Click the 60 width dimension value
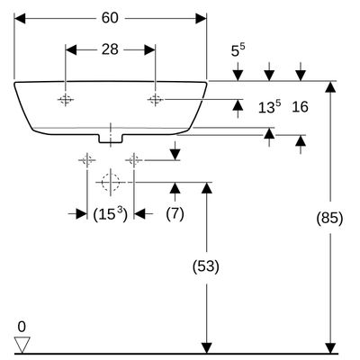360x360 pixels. coord(110,18)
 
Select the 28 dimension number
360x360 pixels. coord(110,49)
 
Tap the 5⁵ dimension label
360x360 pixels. coord(238,50)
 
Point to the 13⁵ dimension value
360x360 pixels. coord(269,107)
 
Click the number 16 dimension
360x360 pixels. coord(300,107)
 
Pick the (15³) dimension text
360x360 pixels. coord(110,214)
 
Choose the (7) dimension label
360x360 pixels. coord(175,214)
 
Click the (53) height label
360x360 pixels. coord(206,266)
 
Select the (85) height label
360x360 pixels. coord(329,218)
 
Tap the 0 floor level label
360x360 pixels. coord(22,327)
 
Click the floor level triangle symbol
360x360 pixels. coord(22,345)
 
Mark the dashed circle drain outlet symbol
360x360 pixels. coord(111,182)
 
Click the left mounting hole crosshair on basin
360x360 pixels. coord(66,99)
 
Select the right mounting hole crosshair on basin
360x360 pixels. coord(155,99)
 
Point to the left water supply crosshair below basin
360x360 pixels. coord(87,160)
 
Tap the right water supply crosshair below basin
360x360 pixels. coord(134,160)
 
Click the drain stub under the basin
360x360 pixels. coord(111,139)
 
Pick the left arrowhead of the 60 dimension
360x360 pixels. coord(20,18)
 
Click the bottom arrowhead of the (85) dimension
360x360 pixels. coord(330,348)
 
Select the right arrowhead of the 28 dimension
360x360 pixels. coord(149,49)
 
